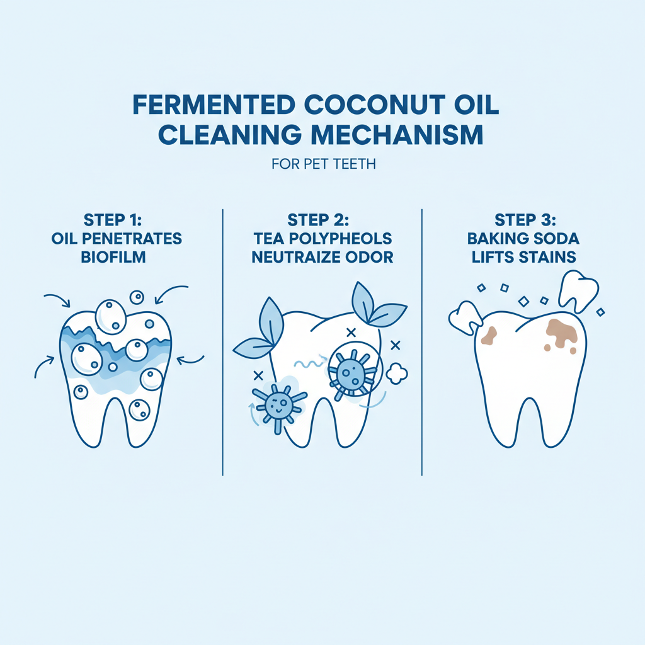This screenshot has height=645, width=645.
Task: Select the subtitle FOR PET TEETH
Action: [323, 164]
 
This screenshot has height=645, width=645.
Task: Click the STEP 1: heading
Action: [112, 220]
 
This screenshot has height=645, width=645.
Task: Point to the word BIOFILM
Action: [113, 257]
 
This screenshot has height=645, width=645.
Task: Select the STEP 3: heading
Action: [525, 220]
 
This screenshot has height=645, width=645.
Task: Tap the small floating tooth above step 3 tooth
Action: [578, 290]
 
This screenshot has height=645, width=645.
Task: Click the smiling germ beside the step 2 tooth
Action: [279, 405]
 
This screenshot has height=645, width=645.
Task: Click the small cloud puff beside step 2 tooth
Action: [397, 374]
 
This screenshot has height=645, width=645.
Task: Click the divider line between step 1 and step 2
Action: [223, 342]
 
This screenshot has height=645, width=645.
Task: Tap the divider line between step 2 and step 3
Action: [422, 342]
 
